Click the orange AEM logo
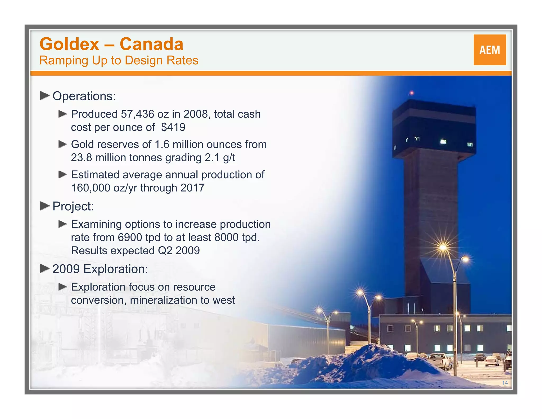(490, 50)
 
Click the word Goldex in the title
(69, 44)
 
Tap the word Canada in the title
(151, 44)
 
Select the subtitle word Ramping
(64, 61)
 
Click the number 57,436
(137, 114)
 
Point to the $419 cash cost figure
(173, 127)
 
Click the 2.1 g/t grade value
(220, 158)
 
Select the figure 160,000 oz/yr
(104, 188)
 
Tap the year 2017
(192, 188)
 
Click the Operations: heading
(84, 96)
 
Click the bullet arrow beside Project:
(45, 206)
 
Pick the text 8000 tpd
(236, 237)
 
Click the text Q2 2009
(179, 251)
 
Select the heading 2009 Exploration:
(100, 269)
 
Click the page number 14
(505, 383)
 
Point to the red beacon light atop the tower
(412, 93)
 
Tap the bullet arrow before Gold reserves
(62, 144)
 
